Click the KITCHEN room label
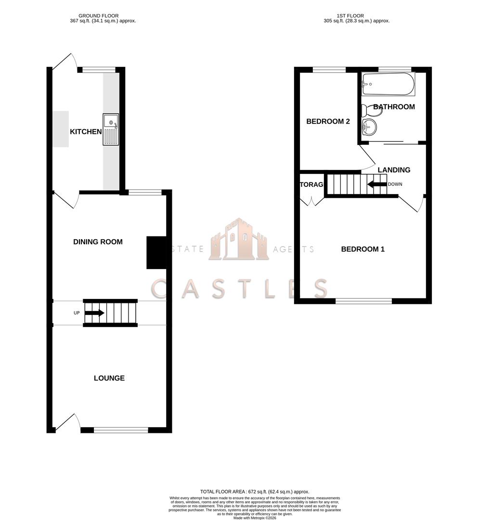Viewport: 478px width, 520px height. pos(86,131)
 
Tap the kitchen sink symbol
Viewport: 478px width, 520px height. pos(110,129)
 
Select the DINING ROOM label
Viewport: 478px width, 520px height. pos(98,242)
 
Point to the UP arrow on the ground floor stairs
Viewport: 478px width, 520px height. pos(94,313)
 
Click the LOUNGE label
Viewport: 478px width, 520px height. pos(109,378)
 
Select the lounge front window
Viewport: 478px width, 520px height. pos(121,430)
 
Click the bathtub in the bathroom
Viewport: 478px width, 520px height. pos(388,84)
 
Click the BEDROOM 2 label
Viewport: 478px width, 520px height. pos(328,121)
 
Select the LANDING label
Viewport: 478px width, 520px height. pos(394,170)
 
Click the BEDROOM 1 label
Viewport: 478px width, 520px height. pos(362,249)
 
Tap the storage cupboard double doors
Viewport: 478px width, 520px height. pos(311,201)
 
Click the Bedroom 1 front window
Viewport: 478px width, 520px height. pos(363,301)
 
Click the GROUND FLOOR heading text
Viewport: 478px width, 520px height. pos(99,16)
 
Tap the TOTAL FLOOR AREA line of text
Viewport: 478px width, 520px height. pos(255,491)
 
